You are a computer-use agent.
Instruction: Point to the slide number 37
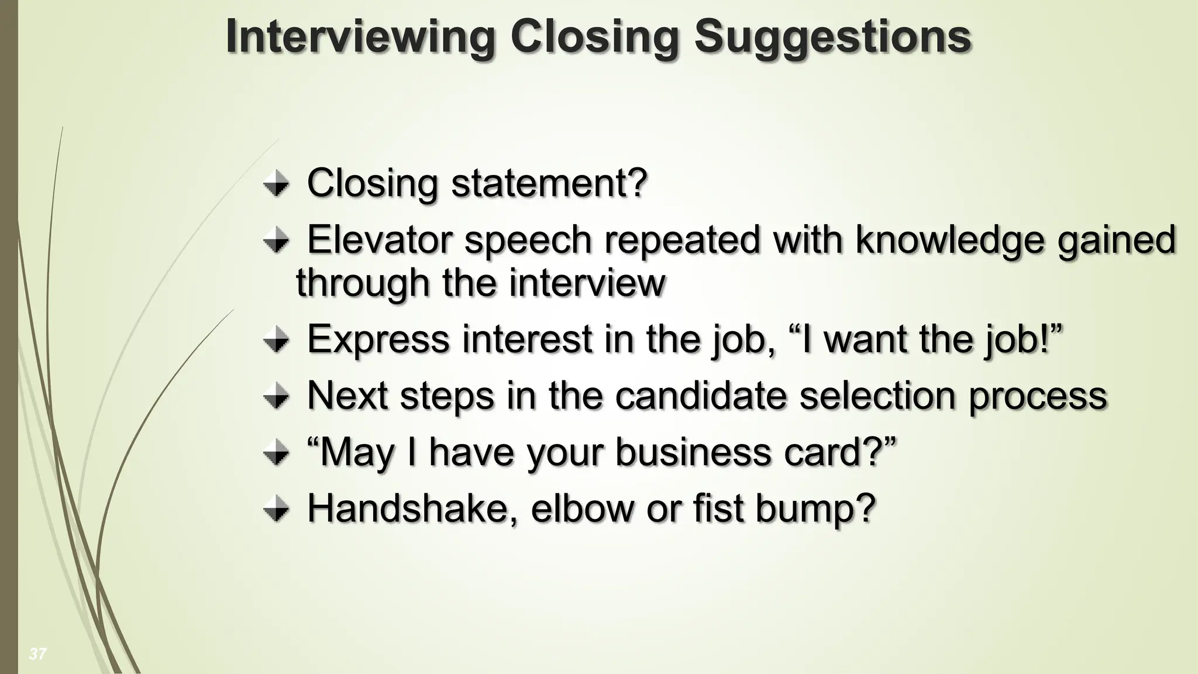37,654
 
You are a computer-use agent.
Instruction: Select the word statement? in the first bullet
549,183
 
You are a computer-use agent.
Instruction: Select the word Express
378,339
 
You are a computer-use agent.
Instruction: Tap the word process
1038,397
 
